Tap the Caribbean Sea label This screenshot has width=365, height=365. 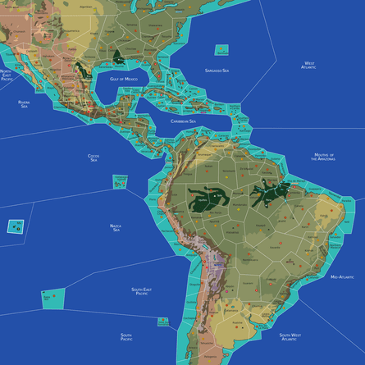point(183,121)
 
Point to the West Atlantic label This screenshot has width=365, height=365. point(308,65)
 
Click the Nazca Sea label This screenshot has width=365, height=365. point(116,227)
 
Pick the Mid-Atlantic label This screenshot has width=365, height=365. point(342,278)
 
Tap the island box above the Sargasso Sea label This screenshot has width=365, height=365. point(222,50)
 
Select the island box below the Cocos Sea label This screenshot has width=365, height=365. point(121,181)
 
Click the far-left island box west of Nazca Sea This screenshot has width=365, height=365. point(15,226)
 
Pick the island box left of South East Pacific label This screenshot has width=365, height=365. point(54,300)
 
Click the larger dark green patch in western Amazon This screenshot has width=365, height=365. point(209,198)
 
